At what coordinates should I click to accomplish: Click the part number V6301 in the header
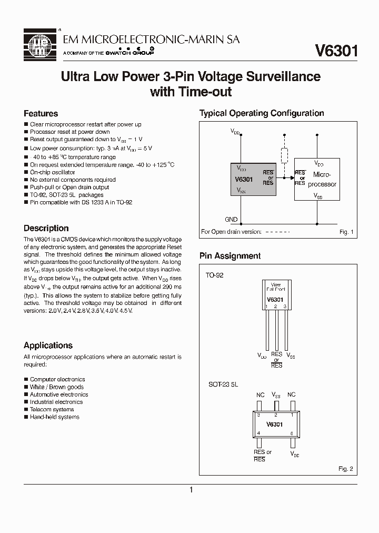click(336, 51)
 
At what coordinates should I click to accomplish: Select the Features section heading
click(41, 113)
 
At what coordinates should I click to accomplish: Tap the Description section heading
click(46, 228)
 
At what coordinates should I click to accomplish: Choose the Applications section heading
click(48, 346)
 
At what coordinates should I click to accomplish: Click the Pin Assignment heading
click(230, 256)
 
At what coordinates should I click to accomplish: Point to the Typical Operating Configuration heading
click(262, 113)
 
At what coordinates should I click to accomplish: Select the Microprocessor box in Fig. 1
click(317, 179)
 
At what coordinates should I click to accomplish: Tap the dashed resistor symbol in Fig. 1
click(284, 155)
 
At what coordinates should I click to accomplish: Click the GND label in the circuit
click(231, 220)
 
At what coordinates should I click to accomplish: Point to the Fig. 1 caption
click(345, 232)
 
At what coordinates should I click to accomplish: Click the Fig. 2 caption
click(345, 468)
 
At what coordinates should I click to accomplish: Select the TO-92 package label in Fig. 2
click(214, 275)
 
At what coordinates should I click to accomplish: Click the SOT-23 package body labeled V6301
click(275, 423)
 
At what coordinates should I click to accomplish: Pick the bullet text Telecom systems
click(52, 409)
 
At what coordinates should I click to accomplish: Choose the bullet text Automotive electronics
click(59, 394)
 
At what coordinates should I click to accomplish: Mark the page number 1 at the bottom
click(191, 490)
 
